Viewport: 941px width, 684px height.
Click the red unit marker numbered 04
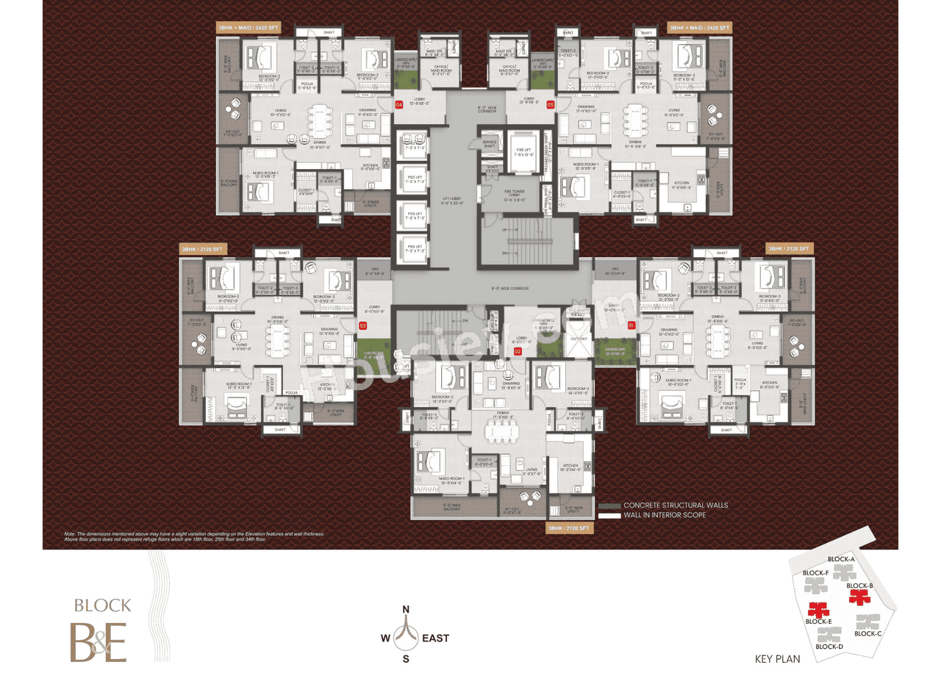click(399, 104)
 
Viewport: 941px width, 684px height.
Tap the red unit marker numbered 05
click(551, 104)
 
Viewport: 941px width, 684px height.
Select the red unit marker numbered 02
click(518, 351)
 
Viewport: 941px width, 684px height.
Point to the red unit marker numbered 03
click(362, 325)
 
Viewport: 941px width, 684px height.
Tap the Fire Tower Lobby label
click(513, 196)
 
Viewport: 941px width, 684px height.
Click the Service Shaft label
click(490, 144)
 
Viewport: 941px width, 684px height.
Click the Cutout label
click(579, 339)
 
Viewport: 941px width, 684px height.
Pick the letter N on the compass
click(405, 609)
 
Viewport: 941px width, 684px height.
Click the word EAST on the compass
click(435, 638)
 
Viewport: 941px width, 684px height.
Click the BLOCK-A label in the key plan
click(840, 560)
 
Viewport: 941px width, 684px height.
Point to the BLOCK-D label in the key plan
click(829, 647)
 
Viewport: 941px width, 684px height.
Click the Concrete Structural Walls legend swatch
click(609, 505)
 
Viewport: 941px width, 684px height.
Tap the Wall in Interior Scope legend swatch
click(609, 516)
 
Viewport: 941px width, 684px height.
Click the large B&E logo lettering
click(99, 641)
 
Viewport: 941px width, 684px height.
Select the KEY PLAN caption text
click(778, 659)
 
